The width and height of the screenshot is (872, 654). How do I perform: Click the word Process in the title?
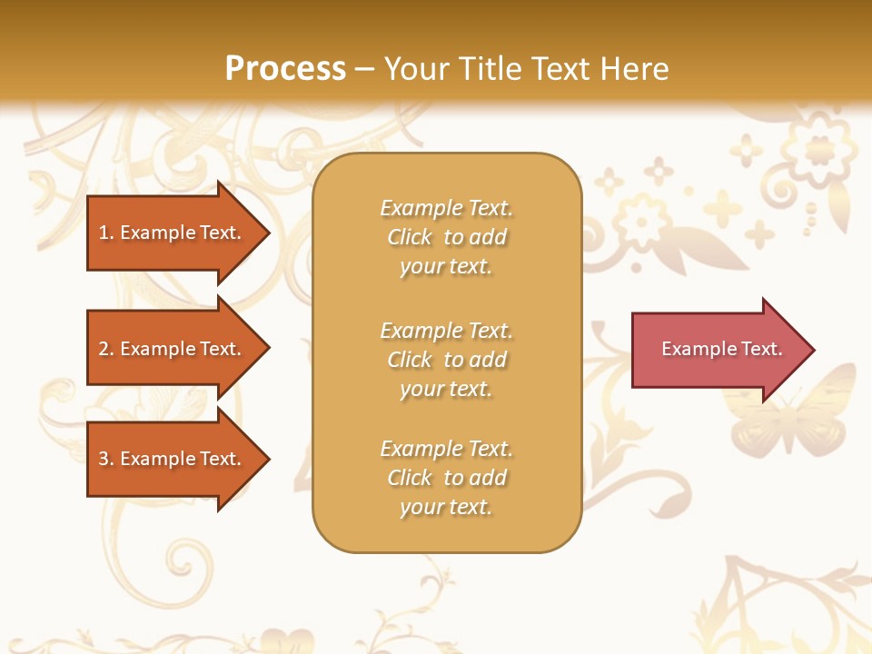[x=285, y=69]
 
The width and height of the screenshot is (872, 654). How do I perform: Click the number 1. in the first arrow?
[x=106, y=233]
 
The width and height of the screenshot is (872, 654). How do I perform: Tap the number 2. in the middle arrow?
[x=106, y=349]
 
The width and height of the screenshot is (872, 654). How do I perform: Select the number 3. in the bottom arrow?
[x=106, y=459]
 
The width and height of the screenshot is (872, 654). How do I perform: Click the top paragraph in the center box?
[x=446, y=237]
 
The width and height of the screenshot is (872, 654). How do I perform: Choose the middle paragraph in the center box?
[x=446, y=360]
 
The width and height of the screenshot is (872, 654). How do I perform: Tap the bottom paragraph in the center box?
[x=446, y=478]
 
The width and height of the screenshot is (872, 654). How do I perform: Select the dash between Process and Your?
[x=365, y=70]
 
